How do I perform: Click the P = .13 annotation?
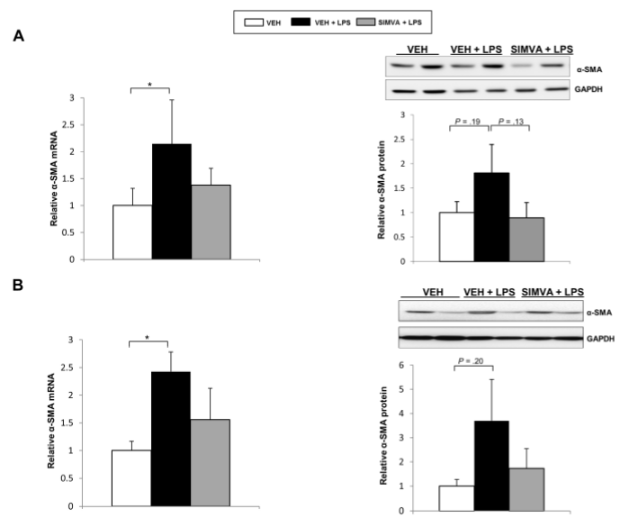click(x=511, y=122)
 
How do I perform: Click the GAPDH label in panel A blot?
click(x=589, y=90)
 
